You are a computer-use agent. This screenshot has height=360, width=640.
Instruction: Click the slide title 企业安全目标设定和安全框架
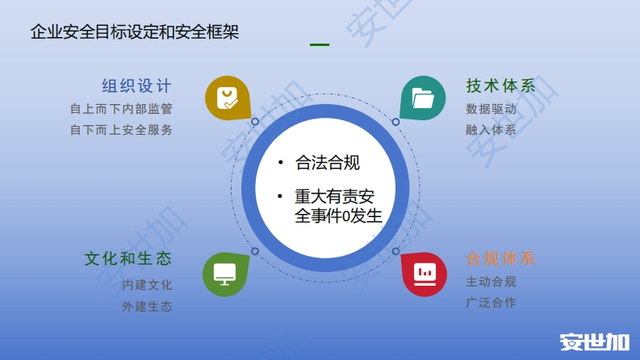(135, 31)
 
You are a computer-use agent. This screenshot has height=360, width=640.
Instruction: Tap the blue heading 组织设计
(136, 86)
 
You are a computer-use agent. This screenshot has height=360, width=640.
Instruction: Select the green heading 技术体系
(500, 86)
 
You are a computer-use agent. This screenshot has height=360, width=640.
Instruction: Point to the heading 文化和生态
(128, 259)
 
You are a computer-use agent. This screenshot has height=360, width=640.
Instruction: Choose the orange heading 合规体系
(500, 259)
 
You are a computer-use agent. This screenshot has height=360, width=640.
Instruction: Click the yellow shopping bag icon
(228, 98)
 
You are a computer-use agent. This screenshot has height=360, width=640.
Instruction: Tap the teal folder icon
(423, 98)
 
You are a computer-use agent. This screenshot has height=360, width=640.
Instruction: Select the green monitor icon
(225, 274)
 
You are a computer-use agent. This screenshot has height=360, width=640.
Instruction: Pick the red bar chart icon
(425, 274)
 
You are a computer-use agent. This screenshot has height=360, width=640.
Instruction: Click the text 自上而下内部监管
(121, 109)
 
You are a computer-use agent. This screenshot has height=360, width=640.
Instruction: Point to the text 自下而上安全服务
(121, 130)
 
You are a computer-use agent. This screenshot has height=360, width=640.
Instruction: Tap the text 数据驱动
(491, 109)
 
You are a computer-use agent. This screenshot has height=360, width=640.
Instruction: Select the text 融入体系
(491, 130)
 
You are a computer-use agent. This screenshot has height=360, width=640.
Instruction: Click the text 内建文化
(147, 284)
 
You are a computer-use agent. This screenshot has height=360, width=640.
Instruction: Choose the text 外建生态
(147, 306)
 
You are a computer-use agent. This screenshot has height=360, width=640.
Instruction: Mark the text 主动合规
(491, 282)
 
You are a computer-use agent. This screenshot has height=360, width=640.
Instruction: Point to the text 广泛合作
(491, 303)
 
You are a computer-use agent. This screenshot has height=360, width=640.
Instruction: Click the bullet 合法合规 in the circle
(328, 162)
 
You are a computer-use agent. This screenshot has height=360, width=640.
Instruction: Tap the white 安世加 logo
(594, 342)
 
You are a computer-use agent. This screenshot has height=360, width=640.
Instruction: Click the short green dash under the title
(320, 44)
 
